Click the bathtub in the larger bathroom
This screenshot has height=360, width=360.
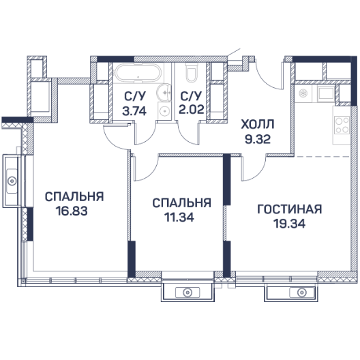137,72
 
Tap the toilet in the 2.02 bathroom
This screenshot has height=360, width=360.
191,73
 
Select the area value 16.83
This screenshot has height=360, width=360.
72,211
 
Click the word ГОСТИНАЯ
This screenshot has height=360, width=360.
290,209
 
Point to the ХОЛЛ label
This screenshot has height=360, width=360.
257,125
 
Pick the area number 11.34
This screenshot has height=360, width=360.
179,217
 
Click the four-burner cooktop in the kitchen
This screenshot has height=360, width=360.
342,125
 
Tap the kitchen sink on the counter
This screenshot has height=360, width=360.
305,93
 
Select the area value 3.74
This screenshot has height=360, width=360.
134,111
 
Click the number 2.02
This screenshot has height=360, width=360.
191,109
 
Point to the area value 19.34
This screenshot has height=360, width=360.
290,223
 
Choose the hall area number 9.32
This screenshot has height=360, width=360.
258,139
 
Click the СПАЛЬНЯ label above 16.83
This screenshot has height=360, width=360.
74,197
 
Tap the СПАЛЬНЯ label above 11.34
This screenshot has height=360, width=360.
181,203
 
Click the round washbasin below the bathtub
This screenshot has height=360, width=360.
164,92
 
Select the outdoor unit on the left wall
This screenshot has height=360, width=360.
11,181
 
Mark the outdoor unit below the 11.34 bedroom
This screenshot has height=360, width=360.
187,292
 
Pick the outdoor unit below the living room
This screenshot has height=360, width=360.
292,292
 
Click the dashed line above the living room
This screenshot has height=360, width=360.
322,157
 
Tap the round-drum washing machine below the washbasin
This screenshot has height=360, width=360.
164,111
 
